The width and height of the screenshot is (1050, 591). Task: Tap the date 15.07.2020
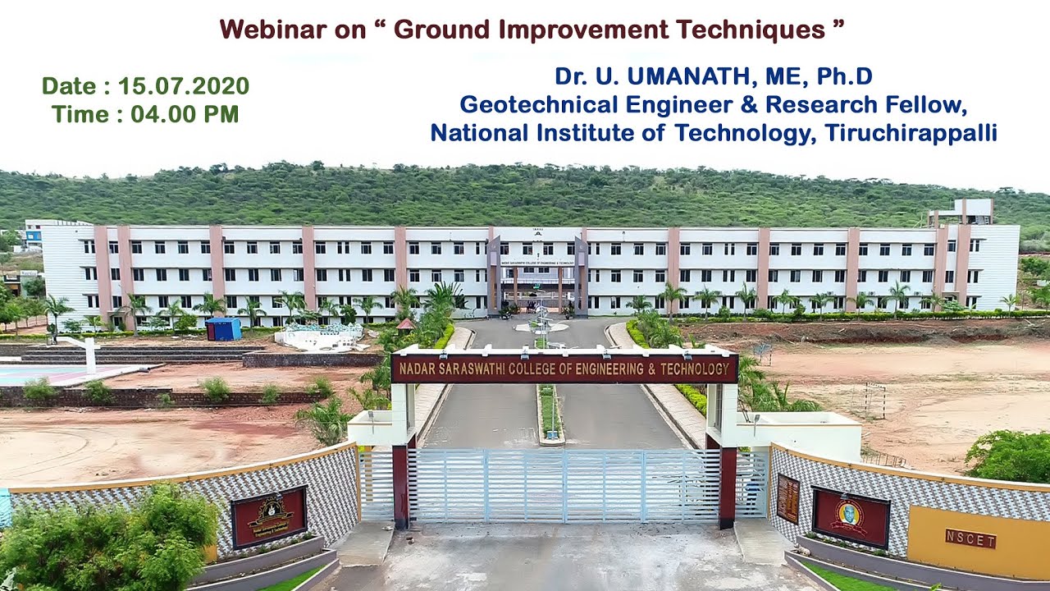[x=183, y=86]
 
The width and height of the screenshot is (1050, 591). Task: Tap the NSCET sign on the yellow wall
[x=970, y=539]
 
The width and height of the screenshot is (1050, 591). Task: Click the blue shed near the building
[x=223, y=329]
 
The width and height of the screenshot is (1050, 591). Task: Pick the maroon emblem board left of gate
[x=269, y=516]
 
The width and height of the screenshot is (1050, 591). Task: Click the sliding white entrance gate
[x=564, y=485]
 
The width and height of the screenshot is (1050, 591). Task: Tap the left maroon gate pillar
[x=400, y=485]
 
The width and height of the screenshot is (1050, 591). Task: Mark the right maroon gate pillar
[x=728, y=486]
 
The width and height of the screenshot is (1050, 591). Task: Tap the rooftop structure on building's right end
[x=961, y=212]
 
